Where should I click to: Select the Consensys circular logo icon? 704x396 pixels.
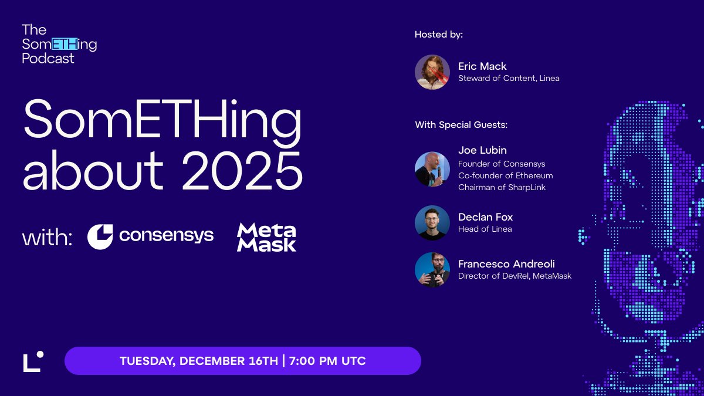(x=100, y=236)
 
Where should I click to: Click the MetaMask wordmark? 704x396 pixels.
(x=266, y=236)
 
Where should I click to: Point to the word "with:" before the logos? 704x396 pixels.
(x=47, y=238)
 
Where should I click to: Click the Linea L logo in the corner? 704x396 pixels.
(x=33, y=361)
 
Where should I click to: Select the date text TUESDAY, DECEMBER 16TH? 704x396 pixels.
(x=199, y=361)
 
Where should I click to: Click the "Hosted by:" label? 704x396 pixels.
(x=439, y=35)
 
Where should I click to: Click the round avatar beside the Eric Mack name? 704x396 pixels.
(x=432, y=72)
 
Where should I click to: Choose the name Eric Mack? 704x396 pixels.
(x=482, y=66)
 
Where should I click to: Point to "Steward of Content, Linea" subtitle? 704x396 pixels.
(x=509, y=78)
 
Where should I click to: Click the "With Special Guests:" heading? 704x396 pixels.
(x=461, y=125)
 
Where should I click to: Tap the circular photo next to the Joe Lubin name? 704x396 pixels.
(x=432, y=169)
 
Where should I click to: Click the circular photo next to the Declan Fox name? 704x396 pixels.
(x=432, y=223)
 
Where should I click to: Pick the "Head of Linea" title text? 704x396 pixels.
(x=485, y=229)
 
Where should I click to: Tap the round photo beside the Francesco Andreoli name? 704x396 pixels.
(x=432, y=270)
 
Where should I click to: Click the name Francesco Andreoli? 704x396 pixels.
(x=506, y=264)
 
